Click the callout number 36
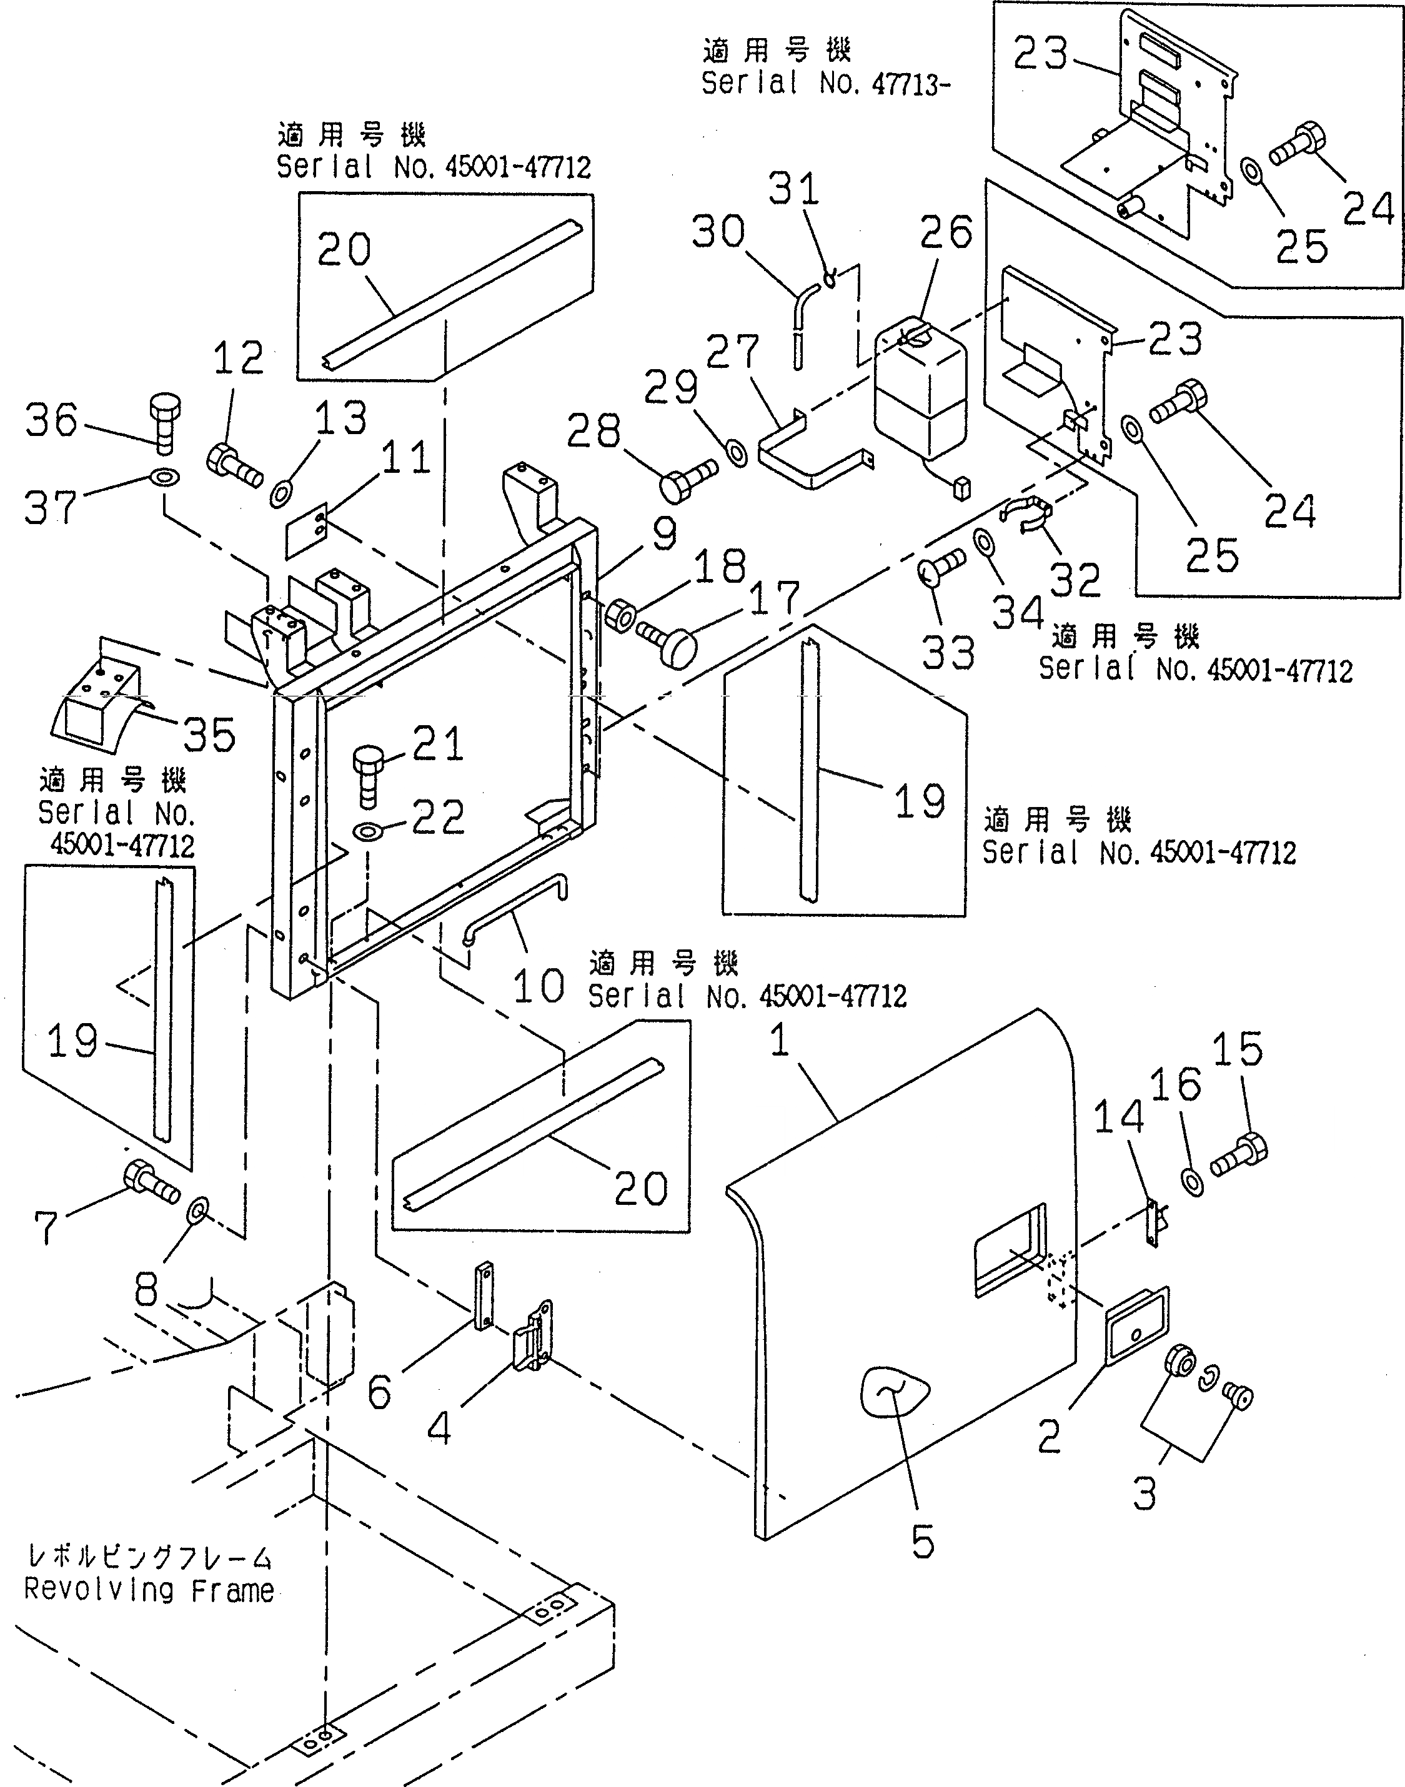click(51, 420)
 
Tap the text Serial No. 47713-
click(825, 82)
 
